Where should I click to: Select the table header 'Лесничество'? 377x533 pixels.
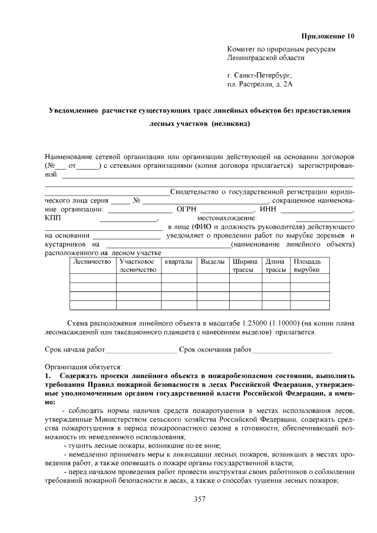[x=92, y=261]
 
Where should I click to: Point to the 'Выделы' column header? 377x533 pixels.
[x=212, y=261]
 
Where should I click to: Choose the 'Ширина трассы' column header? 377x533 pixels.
[x=244, y=265]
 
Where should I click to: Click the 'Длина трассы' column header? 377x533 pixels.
[x=275, y=265]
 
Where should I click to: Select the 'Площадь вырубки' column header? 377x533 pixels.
[x=307, y=265]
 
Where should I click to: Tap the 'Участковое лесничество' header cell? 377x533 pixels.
[x=138, y=265]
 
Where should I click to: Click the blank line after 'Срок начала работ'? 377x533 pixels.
[x=141, y=349]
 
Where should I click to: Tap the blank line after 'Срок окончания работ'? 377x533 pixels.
[x=291, y=349]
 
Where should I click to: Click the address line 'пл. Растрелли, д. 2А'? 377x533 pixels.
[x=260, y=84]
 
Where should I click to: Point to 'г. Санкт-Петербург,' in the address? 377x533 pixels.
[x=259, y=75]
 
